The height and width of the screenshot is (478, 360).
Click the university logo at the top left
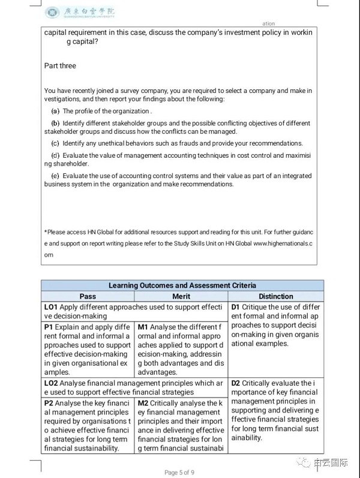pos(53,12)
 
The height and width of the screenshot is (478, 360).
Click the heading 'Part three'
pos(60,65)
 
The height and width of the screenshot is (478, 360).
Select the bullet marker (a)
pos(56,112)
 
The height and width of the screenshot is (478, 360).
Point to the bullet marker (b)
pos(56,124)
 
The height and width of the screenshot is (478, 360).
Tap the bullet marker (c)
pos(56,144)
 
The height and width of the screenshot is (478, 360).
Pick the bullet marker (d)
pos(56,156)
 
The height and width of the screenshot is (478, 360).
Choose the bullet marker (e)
pos(56,176)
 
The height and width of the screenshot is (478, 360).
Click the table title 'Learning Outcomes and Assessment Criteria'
pos(182,285)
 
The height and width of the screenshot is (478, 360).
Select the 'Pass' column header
pos(88,296)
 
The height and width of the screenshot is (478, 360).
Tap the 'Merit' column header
pos(181,296)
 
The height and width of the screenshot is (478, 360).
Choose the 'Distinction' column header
pos(276,296)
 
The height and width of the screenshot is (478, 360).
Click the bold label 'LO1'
pos(51,307)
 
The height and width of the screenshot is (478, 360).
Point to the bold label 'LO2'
pos(51,383)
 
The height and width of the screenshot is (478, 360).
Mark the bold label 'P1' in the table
pos(49,327)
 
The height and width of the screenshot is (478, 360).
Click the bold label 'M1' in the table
pos(143,327)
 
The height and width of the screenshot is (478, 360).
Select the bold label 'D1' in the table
pos(236,307)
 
